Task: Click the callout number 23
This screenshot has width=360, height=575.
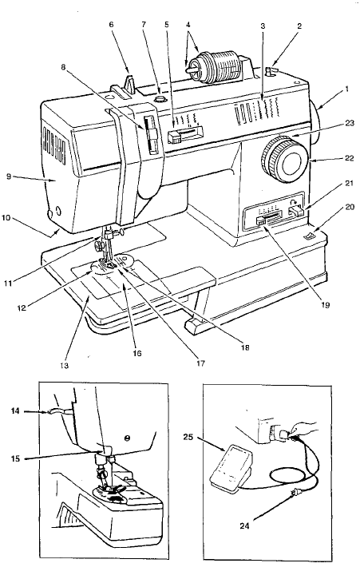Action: coord(350,123)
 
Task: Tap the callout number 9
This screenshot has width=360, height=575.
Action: coord(10,176)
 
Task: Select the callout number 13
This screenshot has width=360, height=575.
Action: coord(65,366)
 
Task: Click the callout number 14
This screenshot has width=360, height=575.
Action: coord(14,411)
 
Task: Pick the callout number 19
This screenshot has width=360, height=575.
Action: coord(325,304)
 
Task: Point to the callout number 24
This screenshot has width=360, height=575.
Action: coord(244,525)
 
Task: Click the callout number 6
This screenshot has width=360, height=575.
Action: coord(111,25)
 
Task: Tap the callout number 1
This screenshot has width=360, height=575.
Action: coord(346,89)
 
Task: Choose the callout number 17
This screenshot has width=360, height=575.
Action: coord(200,363)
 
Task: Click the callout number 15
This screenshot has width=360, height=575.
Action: coord(14,458)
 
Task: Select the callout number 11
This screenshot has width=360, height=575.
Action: coord(9,283)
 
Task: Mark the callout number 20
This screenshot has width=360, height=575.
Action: coord(350,207)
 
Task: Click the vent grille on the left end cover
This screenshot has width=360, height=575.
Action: coord(54,145)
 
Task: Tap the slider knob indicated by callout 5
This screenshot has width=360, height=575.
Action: coord(175,138)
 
